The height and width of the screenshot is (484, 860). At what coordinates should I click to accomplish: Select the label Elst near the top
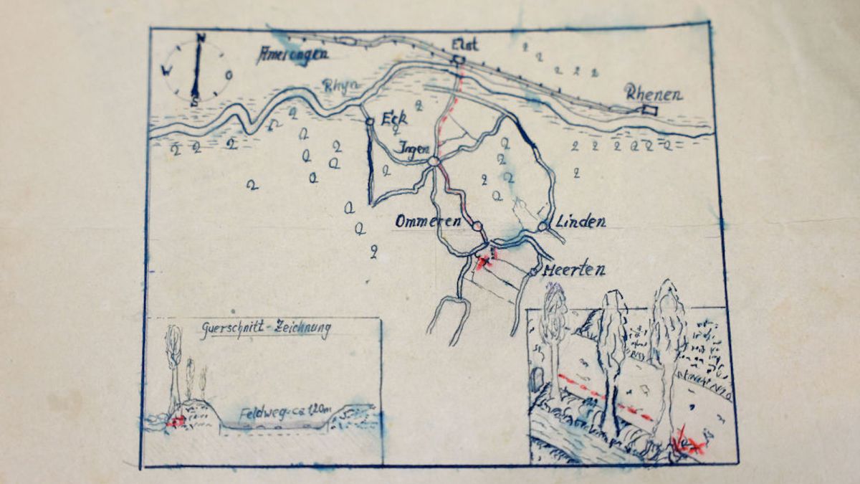464,45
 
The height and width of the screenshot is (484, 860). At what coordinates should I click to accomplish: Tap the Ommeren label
427,222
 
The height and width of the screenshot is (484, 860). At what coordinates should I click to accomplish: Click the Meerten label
573,270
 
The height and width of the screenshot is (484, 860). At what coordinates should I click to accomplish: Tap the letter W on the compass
166,70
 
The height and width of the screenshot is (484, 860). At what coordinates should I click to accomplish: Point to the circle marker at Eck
370,122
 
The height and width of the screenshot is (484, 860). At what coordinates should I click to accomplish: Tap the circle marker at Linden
543,226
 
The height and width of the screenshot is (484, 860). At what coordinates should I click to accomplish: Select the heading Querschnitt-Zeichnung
265,331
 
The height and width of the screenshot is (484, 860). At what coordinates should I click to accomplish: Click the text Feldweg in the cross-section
259,413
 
